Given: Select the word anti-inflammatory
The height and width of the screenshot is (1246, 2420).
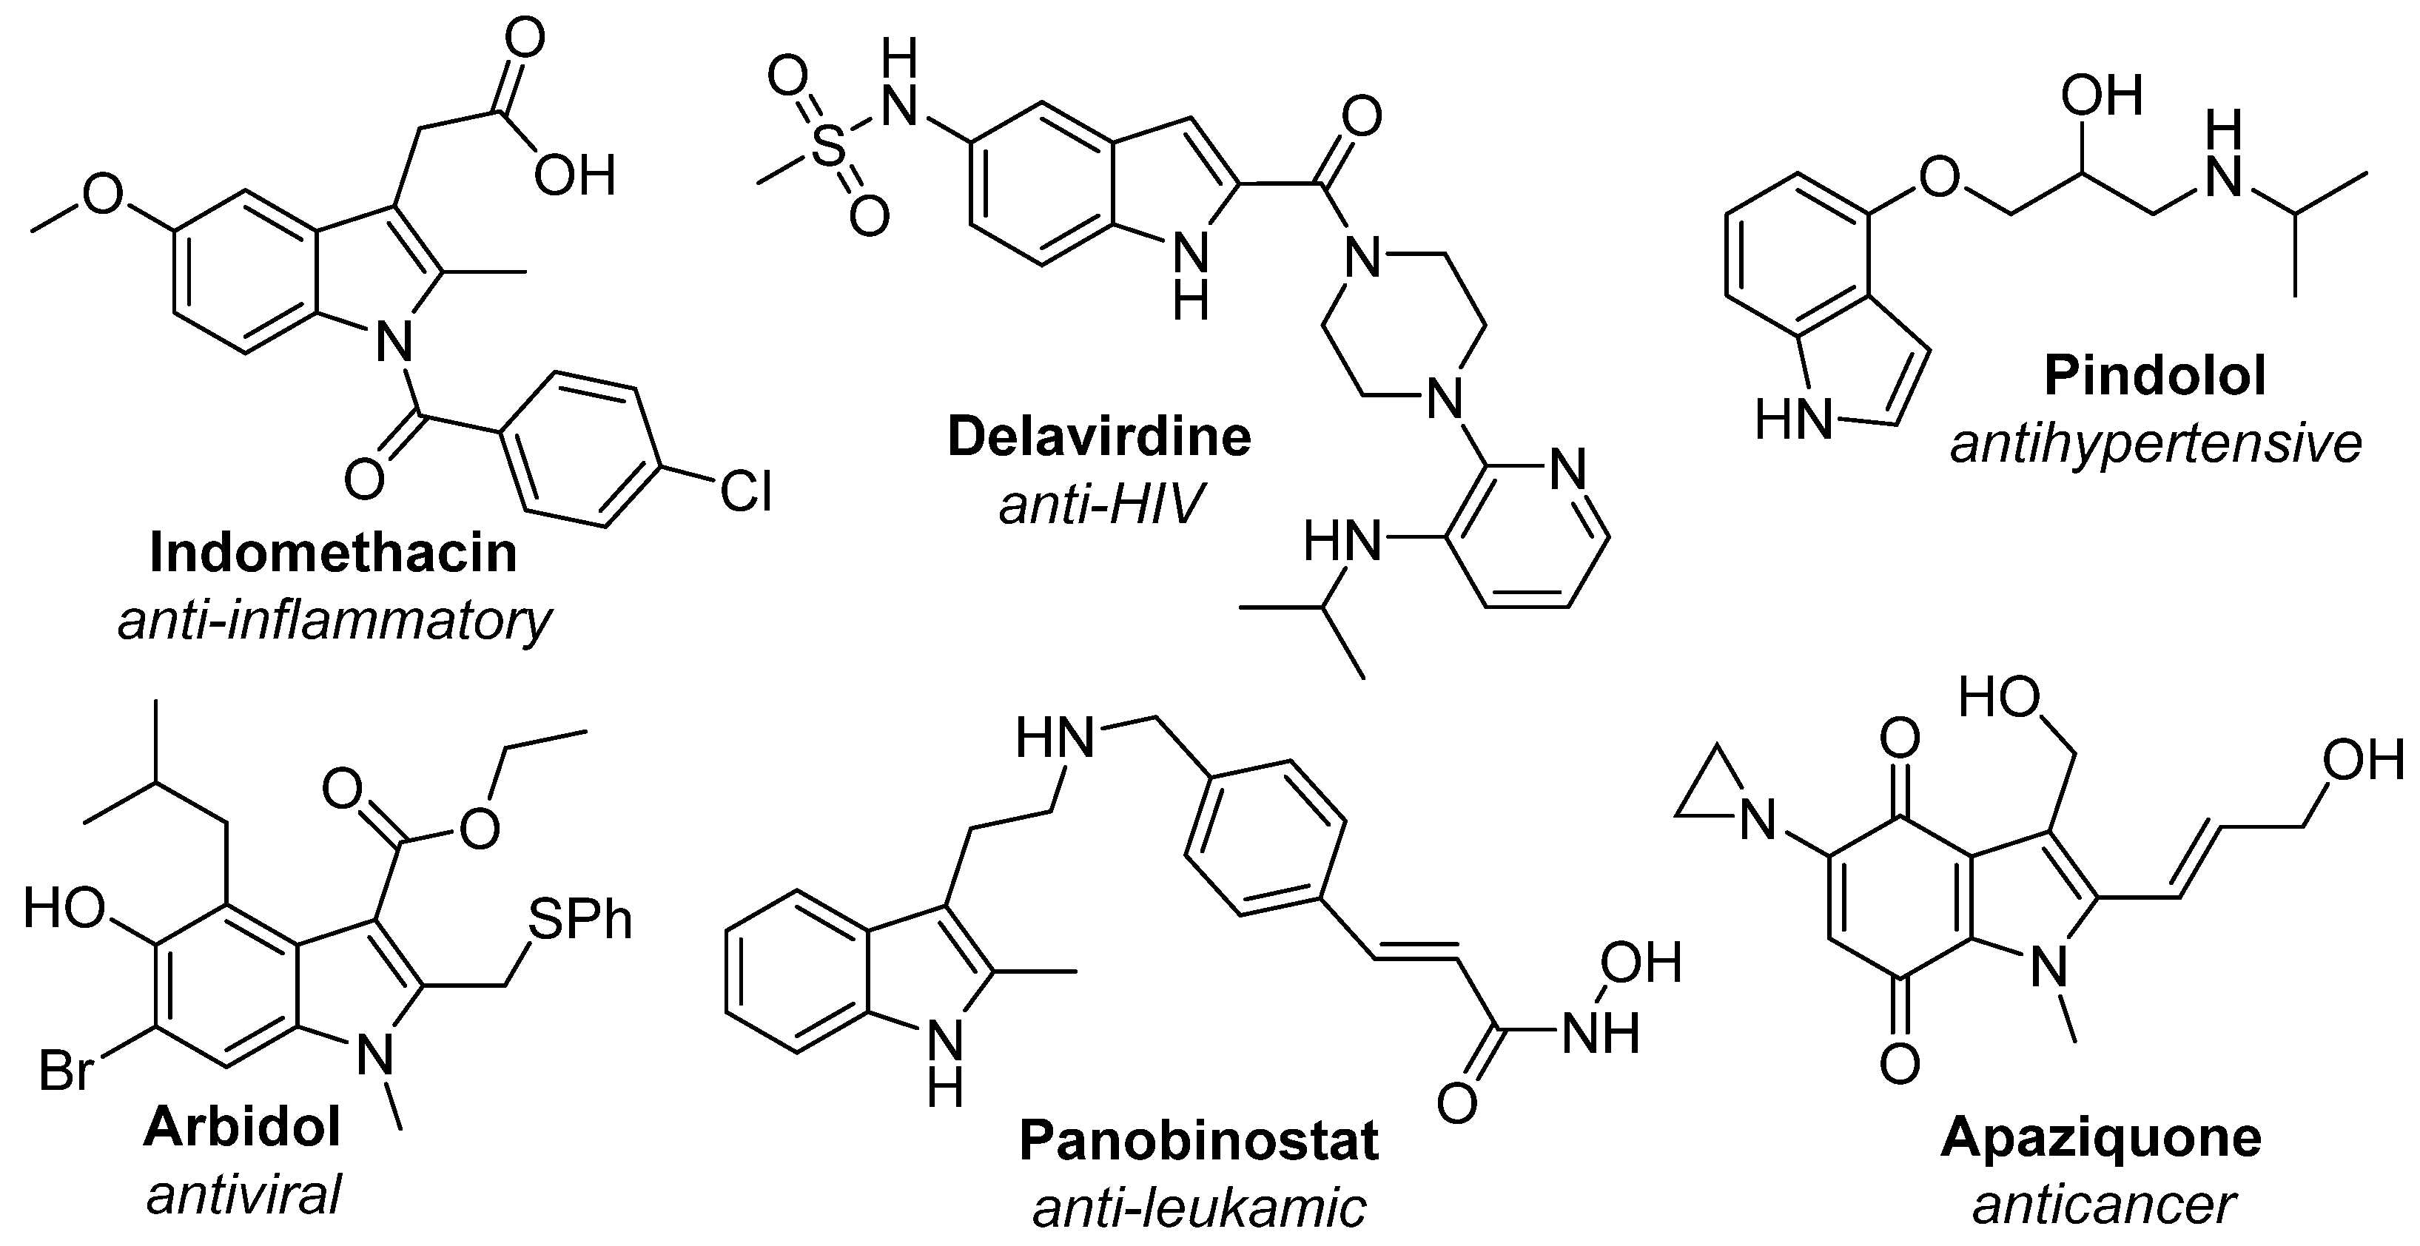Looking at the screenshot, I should pyautogui.click(x=335, y=621).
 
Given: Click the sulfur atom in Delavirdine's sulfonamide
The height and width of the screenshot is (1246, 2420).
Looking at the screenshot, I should pyautogui.click(x=827, y=149).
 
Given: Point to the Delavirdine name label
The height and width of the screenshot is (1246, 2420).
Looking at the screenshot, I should pyautogui.click(x=1098, y=437).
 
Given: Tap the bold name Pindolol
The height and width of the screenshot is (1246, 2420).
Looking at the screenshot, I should pyautogui.click(x=2155, y=376).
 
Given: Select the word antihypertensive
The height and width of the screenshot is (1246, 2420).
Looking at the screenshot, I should pyautogui.click(x=2156, y=444).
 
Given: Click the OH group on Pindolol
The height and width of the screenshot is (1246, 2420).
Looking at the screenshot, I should pyautogui.click(x=2102, y=95).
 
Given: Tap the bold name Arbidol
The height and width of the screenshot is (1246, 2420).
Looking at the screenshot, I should pyautogui.click(x=243, y=1126).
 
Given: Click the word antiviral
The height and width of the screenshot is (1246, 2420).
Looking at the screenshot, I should pyautogui.click(x=243, y=1195).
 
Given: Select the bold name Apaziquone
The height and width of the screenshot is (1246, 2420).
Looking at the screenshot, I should pyautogui.click(x=2100, y=1137).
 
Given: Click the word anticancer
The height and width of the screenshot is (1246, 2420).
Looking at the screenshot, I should pyautogui.click(x=2103, y=1205).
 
